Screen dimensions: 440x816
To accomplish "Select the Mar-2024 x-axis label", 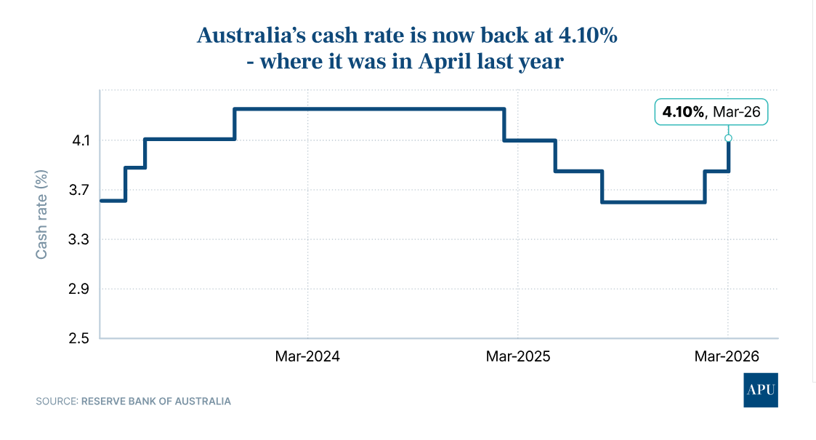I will (x=307, y=356).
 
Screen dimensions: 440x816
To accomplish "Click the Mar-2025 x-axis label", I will (x=517, y=356).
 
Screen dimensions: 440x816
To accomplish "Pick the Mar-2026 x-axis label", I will (x=727, y=356).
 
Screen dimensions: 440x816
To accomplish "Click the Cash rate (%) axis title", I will (x=42, y=214).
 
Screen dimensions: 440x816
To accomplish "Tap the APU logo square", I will (x=761, y=391).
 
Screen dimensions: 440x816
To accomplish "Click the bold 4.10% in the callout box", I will (x=682, y=112).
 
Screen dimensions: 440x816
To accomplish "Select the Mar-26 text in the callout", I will (x=736, y=112).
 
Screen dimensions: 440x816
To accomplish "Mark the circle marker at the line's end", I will (x=728, y=137).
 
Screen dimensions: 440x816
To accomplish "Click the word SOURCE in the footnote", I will (x=55, y=401).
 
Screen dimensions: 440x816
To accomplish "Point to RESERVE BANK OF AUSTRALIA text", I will (x=156, y=401).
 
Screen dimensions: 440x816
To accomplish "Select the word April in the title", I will (x=444, y=62).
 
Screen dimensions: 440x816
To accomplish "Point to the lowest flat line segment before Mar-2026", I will (x=653, y=201).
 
